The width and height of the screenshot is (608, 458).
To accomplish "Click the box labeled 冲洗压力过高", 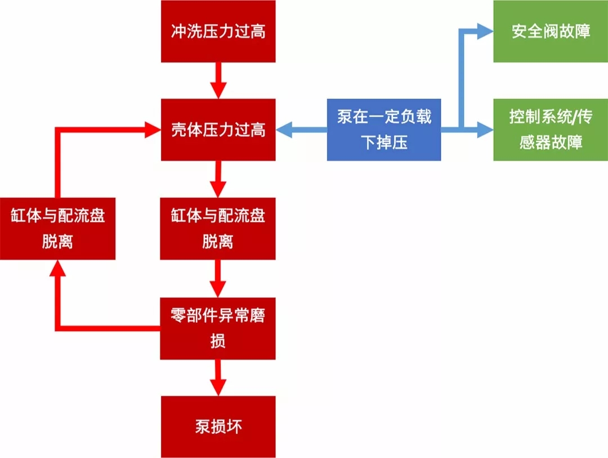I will point(218,31).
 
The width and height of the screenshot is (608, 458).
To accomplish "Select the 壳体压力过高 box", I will point(218,130).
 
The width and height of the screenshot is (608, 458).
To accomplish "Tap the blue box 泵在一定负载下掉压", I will point(384,130).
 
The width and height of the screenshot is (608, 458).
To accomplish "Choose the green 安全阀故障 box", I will point(551,31).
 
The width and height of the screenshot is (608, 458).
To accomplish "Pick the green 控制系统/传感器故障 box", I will point(551,130).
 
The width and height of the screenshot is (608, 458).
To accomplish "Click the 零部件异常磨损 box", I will point(218,328).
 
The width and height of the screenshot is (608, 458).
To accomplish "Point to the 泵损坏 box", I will point(218,426).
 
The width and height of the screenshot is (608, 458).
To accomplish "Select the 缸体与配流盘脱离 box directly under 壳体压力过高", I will point(218,228).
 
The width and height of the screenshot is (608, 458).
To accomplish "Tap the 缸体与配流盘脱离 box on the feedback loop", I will point(57,228).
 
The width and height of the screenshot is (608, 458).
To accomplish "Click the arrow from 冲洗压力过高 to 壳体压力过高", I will point(218,80).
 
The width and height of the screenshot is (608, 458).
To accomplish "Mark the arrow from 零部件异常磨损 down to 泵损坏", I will point(218,377).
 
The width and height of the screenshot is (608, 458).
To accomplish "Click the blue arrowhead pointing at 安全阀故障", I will point(484,31).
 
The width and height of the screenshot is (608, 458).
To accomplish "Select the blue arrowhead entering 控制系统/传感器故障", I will point(484,130).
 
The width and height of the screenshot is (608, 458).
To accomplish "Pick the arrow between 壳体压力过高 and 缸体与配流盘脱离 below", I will point(218,179).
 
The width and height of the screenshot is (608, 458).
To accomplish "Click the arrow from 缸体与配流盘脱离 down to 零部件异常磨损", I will point(218,278).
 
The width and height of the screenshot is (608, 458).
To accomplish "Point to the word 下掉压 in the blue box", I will point(384,143).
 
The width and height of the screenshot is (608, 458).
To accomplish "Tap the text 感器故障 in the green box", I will point(551,143).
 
